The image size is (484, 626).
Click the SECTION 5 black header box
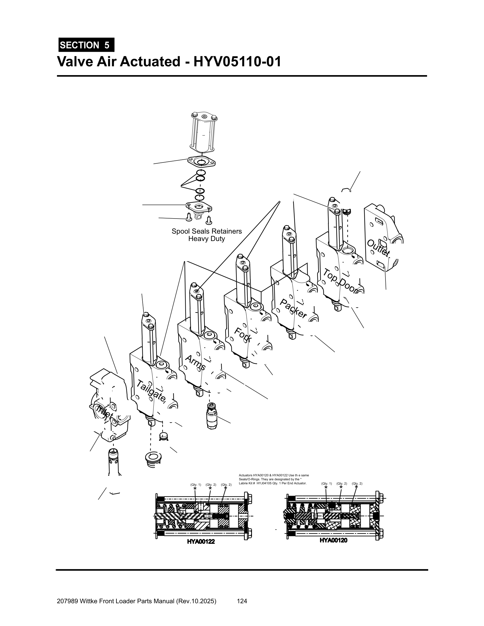pyautogui.click(x=86, y=45)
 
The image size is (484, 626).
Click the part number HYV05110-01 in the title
pyautogui.click(x=237, y=62)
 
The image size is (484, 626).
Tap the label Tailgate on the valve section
pyautogui.click(x=151, y=391)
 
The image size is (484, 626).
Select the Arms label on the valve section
pyautogui.click(x=195, y=363)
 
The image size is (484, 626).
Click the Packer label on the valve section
pyautogui.click(x=293, y=309)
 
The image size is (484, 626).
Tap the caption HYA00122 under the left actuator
pyautogui.click(x=201, y=541)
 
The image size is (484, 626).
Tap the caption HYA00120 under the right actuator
pyautogui.click(x=333, y=540)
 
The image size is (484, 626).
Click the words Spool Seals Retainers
pyautogui.click(x=206, y=231)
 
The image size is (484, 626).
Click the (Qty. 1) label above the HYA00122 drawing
pyautogui.click(x=196, y=484)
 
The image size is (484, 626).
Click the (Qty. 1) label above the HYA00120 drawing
pyautogui.click(x=327, y=483)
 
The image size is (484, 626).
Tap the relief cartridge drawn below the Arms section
pyautogui.click(x=212, y=415)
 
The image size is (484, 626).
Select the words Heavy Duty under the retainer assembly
pyautogui.click(x=206, y=239)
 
